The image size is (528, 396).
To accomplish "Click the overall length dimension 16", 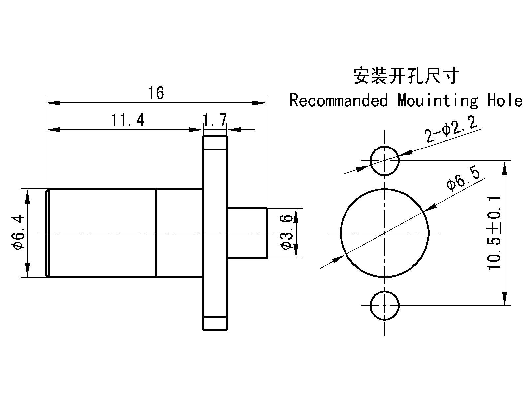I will click(156, 94).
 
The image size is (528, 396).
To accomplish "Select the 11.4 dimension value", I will click(128, 120).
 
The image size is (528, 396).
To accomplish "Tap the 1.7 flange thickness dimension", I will click(215, 120).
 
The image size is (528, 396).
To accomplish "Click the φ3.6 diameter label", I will click(286, 233).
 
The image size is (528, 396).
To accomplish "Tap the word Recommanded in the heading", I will click(339, 100).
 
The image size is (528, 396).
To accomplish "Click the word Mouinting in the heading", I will click(437, 100).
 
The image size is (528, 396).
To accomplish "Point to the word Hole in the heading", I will click(505, 100).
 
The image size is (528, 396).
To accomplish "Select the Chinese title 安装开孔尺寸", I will click(406, 76).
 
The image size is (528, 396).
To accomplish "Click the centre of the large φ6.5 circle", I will click(385, 233).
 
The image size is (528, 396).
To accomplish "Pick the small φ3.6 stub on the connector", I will click(247, 233).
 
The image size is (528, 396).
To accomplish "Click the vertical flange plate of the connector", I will click(215, 233).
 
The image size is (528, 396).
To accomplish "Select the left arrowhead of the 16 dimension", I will click(53, 103).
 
